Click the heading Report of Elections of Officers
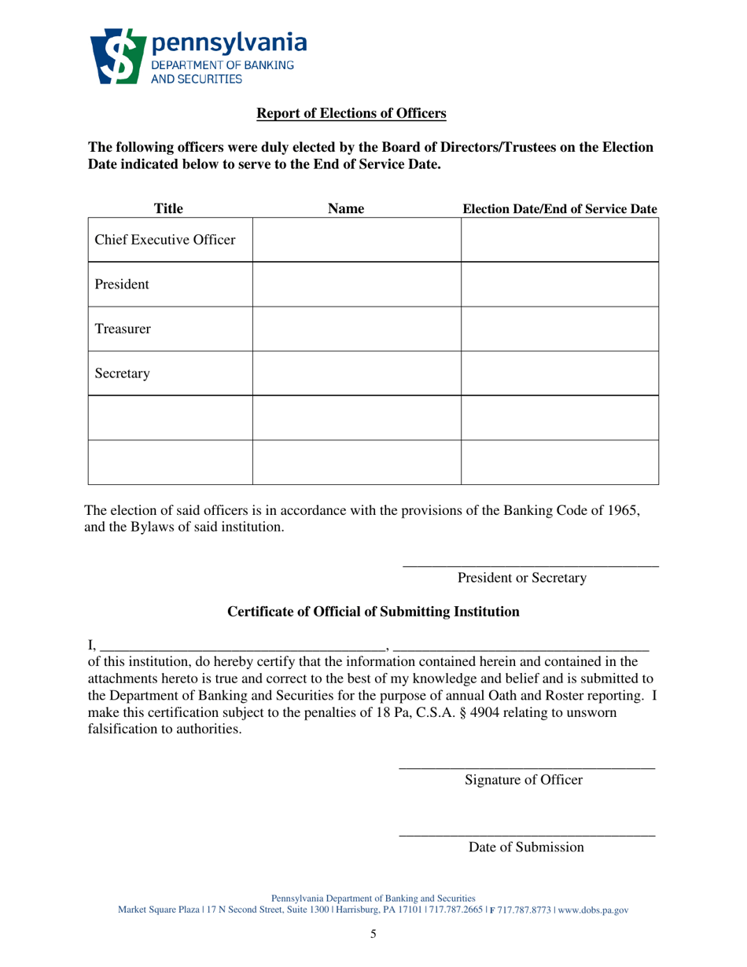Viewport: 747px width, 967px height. pyautogui.click(x=352, y=114)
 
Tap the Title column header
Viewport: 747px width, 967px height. pyautogui.click(x=168, y=209)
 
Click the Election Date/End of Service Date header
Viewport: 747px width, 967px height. pyautogui.click(x=560, y=209)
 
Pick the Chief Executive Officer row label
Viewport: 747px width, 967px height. pyautogui.click(x=165, y=240)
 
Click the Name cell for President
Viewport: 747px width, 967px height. pyautogui.click(x=356, y=285)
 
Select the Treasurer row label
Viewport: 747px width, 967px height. pyautogui.click(x=123, y=329)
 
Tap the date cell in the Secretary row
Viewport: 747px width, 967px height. pyautogui.click(x=559, y=373)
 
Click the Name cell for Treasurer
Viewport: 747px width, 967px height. pyautogui.click(x=356, y=329)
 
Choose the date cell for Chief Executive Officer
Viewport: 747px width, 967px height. pyautogui.click(x=559, y=240)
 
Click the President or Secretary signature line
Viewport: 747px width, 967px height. pyautogui.click(x=530, y=564)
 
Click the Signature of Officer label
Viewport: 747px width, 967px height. pyautogui.click(x=524, y=780)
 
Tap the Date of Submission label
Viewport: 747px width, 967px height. pyautogui.click(x=526, y=848)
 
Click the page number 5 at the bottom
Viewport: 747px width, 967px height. pyautogui.click(x=373, y=935)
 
